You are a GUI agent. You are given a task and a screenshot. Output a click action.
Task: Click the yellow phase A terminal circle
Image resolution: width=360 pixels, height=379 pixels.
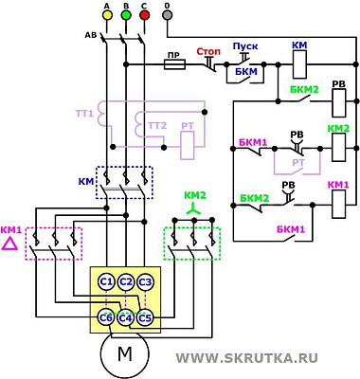[x=106, y=17]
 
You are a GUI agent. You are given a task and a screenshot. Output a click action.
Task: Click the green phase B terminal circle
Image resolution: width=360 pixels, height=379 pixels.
[x=125, y=17]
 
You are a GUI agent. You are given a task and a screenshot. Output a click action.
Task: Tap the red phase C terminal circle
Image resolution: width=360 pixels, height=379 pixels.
[x=144, y=17]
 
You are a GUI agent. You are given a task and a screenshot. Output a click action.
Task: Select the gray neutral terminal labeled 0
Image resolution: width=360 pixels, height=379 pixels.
[x=168, y=17]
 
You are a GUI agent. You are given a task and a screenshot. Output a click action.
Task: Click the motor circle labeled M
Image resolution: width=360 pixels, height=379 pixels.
[x=125, y=354]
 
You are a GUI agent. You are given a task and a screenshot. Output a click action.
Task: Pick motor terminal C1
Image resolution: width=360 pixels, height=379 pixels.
[x=106, y=281]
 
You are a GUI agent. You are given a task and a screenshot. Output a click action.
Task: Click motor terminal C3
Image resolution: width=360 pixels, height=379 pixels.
[x=145, y=281]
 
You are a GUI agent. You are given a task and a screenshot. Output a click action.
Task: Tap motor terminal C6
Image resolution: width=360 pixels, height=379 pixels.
[x=106, y=316]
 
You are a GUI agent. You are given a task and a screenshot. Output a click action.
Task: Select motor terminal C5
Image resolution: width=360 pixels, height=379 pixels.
[x=145, y=316]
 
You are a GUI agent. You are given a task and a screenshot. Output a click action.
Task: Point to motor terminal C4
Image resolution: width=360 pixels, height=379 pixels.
[x=125, y=316]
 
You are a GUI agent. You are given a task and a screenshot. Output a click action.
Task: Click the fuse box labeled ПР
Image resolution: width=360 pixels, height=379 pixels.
[x=173, y=66]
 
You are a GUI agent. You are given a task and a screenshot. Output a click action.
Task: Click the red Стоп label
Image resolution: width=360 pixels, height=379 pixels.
[x=208, y=50]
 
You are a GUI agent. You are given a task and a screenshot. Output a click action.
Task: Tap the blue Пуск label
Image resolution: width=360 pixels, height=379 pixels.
[x=245, y=45]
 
